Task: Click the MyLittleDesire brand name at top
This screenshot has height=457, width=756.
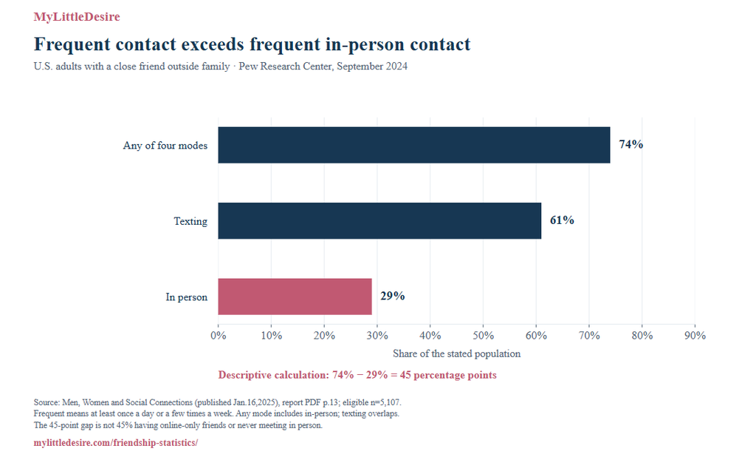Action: click(77, 17)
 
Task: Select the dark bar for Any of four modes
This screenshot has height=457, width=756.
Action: click(413, 145)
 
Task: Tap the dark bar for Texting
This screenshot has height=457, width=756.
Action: click(379, 221)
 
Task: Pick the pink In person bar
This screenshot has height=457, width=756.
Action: click(295, 297)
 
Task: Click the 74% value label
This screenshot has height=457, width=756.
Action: click(630, 144)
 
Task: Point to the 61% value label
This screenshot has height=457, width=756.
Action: click(562, 220)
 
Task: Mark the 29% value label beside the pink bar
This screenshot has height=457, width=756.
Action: click(393, 296)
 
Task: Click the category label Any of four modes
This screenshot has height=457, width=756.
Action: click(165, 146)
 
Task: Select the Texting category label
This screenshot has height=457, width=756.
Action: click(190, 221)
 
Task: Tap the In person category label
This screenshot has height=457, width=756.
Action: click(186, 297)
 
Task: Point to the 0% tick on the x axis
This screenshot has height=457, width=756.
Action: click(219, 335)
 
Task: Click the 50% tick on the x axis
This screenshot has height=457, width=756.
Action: click(483, 335)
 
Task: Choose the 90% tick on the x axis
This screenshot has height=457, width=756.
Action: click(695, 335)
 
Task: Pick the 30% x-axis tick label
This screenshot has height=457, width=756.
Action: click(377, 335)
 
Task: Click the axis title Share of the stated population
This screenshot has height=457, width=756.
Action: click(456, 353)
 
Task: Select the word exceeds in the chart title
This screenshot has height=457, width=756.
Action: click(213, 44)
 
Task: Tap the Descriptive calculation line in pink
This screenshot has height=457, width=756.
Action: click(357, 375)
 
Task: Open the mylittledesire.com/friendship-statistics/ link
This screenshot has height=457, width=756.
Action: click(116, 442)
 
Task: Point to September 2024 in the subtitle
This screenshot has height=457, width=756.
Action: click(372, 66)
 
